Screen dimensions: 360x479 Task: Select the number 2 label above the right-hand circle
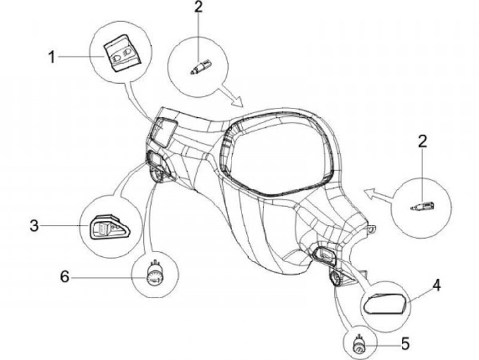pyautogui.click(x=422, y=142)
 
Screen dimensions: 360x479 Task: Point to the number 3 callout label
pyautogui.click(x=32, y=226)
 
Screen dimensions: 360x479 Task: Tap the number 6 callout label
pyautogui.click(x=64, y=275)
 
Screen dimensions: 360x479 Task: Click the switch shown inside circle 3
pyautogui.click(x=108, y=229)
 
